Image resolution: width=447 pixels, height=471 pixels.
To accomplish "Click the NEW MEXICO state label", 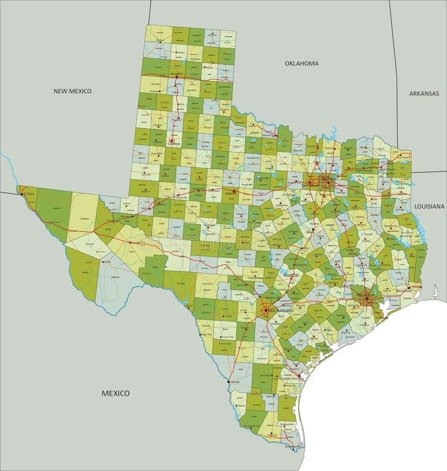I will click(72, 91).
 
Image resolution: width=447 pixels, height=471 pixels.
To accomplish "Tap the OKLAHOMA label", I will click(301, 63).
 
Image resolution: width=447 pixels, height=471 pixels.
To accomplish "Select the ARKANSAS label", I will click(424, 93).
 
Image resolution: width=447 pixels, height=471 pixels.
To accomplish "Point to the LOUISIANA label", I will click(429, 206).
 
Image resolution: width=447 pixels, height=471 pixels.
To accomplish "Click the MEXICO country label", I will click(115, 393).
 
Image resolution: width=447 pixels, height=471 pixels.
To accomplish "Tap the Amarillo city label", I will click(176, 74).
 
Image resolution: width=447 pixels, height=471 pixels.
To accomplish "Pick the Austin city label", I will click(291, 275).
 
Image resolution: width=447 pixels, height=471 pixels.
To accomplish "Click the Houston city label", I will click(367, 294).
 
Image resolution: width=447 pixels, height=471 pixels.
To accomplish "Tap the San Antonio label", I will click(280, 310).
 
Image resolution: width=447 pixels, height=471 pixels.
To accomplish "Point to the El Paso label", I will click(28, 194).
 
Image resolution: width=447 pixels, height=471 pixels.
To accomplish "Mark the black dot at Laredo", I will click(229, 382).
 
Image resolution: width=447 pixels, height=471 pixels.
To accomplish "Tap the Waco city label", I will click(308, 230).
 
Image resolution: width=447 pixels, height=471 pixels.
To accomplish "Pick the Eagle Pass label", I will click(206, 334).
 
